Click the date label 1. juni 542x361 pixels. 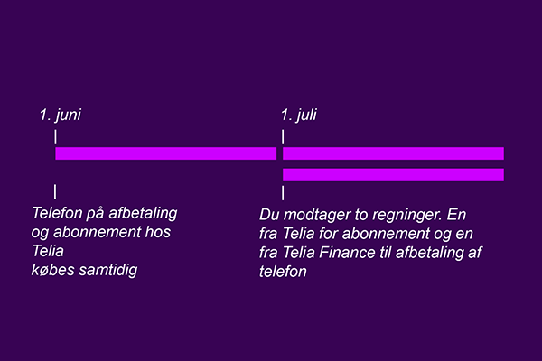[61, 115]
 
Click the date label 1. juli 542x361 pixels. [299, 115]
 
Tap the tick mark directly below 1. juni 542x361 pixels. [55, 137]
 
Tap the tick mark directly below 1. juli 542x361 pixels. [283, 137]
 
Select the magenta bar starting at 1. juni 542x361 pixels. [166, 153]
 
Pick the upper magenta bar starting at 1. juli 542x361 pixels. [393, 153]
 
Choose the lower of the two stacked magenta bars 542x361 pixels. [393, 175]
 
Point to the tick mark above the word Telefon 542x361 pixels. [55, 191]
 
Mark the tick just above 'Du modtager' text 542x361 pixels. [283, 193]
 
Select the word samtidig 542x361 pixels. [108, 270]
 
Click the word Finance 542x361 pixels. [347, 253]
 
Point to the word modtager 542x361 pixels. [316, 215]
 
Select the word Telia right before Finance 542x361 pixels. [299, 253]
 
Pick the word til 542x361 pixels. [385, 253]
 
